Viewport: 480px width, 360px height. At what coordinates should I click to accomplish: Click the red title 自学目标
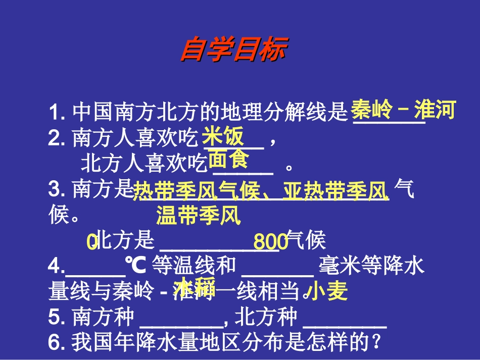click(x=233, y=50)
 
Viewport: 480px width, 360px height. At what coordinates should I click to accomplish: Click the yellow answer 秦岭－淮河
click(x=403, y=110)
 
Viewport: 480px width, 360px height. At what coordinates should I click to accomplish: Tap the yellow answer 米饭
click(x=223, y=136)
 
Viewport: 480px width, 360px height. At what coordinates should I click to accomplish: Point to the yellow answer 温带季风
click(x=198, y=216)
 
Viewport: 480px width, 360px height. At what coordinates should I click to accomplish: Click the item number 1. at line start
click(x=57, y=112)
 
